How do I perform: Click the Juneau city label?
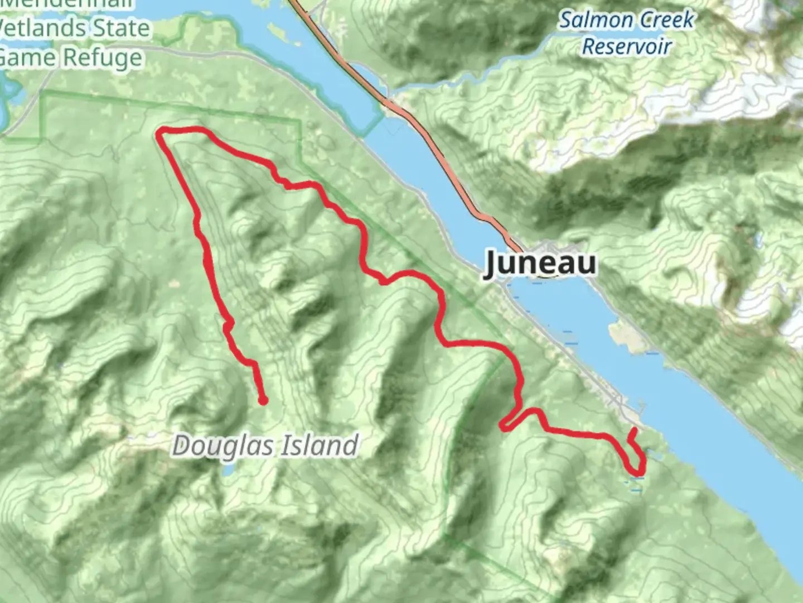540,263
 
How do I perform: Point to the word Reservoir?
626,47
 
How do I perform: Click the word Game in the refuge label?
28,58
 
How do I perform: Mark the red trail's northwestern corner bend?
161,132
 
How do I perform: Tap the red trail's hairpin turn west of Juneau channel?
504,426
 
